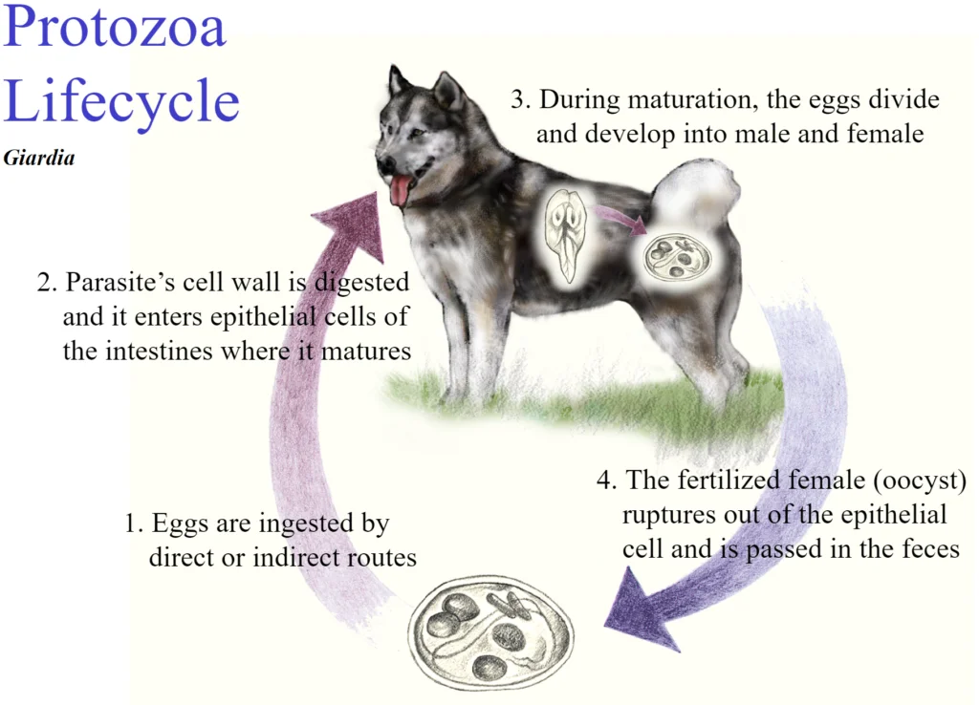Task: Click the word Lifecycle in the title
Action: click(x=121, y=99)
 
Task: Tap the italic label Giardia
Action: click(x=38, y=159)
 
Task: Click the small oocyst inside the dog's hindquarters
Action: click(x=678, y=257)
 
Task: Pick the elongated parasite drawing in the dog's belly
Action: click(x=566, y=235)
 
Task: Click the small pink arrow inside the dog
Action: click(x=619, y=221)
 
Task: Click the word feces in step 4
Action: click(x=930, y=549)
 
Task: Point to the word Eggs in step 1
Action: click(x=180, y=524)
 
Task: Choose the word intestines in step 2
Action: click(x=160, y=352)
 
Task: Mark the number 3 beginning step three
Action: click(x=517, y=99)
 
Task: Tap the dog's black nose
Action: click(x=384, y=164)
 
